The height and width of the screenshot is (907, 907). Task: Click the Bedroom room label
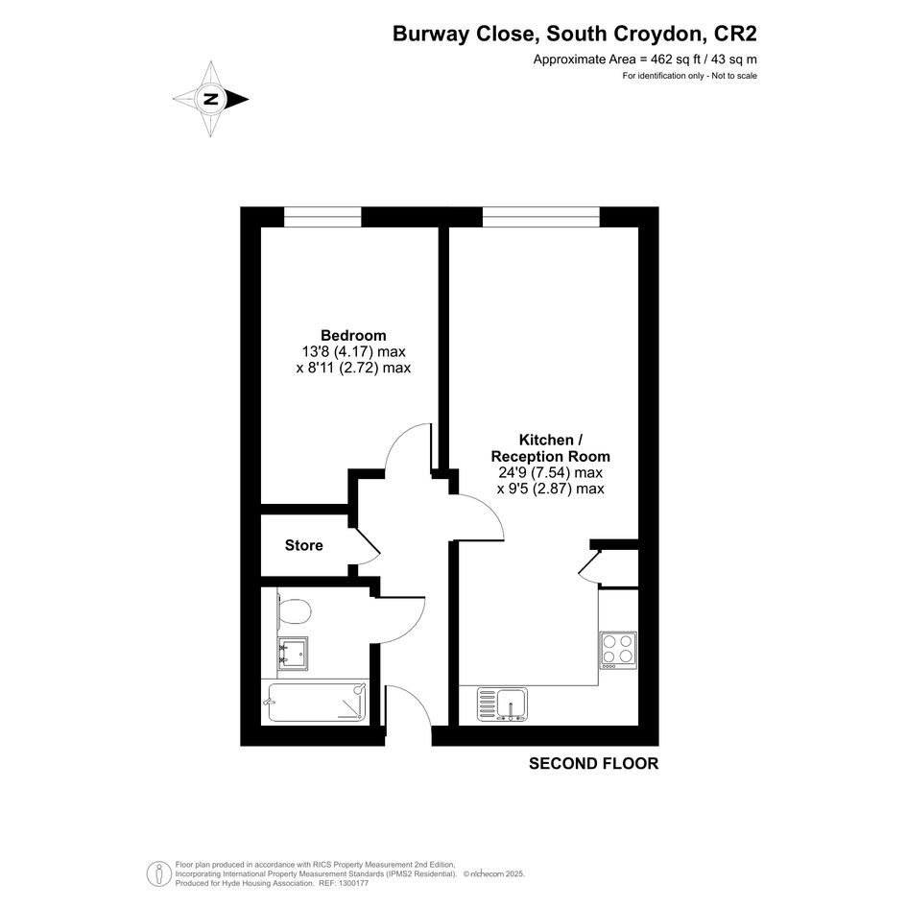click(x=353, y=336)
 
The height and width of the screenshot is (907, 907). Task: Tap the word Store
click(x=303, y=545)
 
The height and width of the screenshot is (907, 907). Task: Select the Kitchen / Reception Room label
click(x=550, y=448)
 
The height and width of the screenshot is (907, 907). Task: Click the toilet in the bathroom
click(x=294, y=610)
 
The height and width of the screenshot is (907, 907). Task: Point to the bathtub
click(x=317, y=703)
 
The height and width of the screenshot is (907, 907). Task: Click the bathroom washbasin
click(x=292, y=653)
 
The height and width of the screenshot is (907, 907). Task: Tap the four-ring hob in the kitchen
click(x=618, y=650)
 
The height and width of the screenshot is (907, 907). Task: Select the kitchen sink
click(x=502, y=704)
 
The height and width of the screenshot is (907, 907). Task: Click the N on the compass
click(x=211, y=99)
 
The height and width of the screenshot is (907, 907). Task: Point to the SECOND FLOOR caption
click(x=593, y=764)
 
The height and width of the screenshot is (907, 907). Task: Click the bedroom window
click(x=322, y=217)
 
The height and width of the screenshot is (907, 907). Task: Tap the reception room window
click(x=541, y=217)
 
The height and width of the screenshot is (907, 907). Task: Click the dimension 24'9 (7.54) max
click(x=550, y=472)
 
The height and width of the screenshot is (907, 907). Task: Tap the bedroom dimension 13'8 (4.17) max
click(x=353, y=351)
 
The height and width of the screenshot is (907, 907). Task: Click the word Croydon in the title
click(x=660, y=35)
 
